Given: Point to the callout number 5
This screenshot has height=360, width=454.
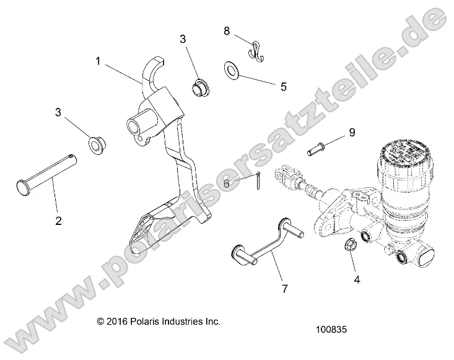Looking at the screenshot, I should coord(283,87).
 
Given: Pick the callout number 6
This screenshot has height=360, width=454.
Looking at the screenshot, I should coord(227,183).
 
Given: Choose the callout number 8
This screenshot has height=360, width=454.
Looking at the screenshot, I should coord(227,30).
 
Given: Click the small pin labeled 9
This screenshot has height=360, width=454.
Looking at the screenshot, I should coord(316,149).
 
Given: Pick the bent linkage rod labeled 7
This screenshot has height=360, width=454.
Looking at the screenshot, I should coord(261,239).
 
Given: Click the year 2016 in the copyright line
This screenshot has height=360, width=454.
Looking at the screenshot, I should coord(121,322).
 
